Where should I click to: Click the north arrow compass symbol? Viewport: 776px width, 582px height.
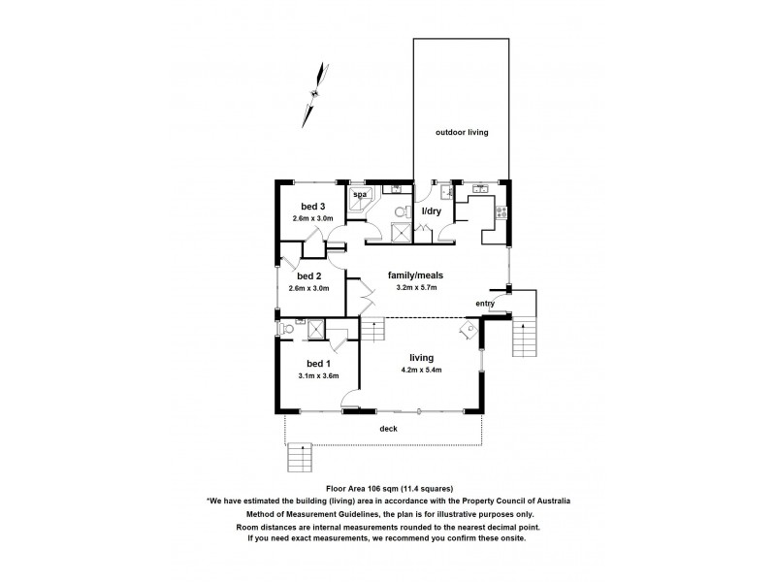point(313,93)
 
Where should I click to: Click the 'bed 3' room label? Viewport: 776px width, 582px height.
point(312,207)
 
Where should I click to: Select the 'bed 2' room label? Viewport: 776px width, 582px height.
point(311,276)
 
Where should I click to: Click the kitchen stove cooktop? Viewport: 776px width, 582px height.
point(501,212)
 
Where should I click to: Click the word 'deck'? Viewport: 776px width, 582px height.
point(387,427)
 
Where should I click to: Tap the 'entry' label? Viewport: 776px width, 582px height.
point(485,304)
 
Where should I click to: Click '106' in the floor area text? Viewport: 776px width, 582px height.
point(377,489)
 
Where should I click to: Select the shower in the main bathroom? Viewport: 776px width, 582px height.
point(399,231)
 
